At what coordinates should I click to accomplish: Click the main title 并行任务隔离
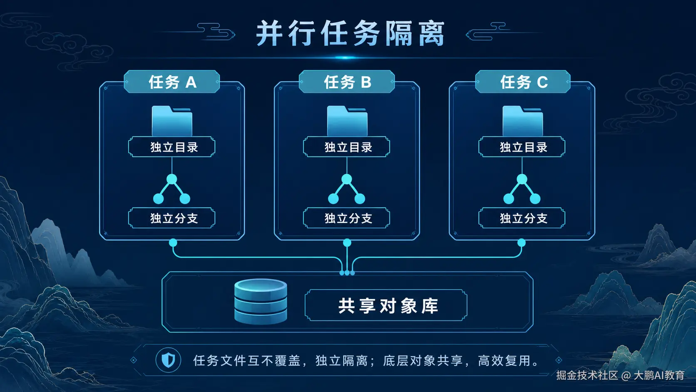[x=351, y=34]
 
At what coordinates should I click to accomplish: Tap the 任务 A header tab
[x=172, y=82]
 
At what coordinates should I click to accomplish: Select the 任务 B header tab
[x=347, y=82]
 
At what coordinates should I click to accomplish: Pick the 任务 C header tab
[x=522, y=82]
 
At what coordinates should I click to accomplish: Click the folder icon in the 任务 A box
[x=172, y=121]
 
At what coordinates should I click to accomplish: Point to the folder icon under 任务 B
[x=347, y=121]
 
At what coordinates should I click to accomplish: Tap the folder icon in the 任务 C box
[x=522, y=121]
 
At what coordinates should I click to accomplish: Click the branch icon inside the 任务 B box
[x=347, y=189]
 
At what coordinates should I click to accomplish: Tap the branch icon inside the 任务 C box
[x=522, y=189]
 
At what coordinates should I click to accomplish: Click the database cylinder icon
[x=261, y=302]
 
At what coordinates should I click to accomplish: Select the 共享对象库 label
[x=388, y=306]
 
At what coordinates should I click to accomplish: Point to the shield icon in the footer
[x=169, y=360]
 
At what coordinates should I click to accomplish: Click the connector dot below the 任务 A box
[x=173, y=243]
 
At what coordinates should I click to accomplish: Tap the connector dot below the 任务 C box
[x=522, y=243]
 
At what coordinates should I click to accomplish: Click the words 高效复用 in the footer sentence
[x=504, y=361]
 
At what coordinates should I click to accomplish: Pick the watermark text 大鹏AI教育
[x=659, y=375]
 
